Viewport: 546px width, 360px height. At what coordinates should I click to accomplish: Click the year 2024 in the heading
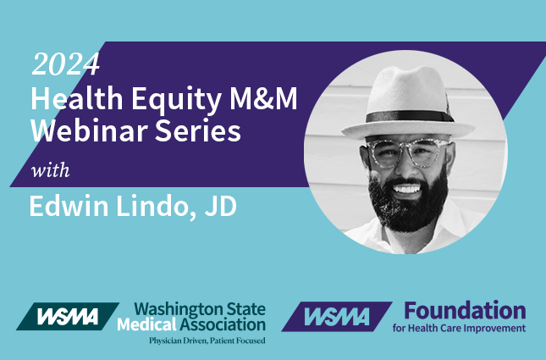click(65, 64)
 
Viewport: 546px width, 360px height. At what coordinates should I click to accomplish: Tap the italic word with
click(50, 170)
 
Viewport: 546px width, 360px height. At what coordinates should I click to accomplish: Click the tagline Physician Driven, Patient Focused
click(207, 341)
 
